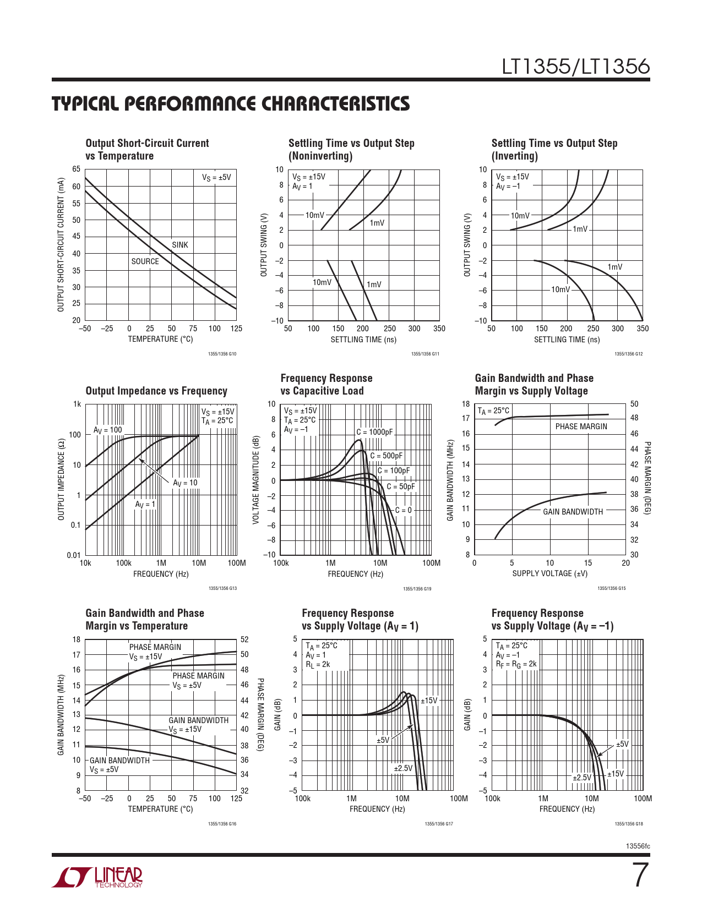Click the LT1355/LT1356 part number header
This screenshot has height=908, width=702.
coord(575,67)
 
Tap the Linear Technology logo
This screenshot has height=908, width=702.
coord(97,877)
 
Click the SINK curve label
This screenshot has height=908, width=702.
coord(180,245)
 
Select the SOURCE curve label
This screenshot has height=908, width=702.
coord(145,261)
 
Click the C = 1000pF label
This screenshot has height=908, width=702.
coord(374,432)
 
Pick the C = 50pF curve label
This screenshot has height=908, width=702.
coord(400,486)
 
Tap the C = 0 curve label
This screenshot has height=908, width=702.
coord(404,510)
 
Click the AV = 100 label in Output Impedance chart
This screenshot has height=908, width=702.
coord(108,430)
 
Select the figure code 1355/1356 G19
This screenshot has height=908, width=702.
coord(417,589)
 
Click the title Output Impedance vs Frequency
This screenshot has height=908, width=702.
coord(156,391)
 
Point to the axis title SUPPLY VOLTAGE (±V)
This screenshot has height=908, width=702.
coord(549,573)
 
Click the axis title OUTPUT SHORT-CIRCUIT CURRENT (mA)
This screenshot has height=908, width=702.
coord(61,244)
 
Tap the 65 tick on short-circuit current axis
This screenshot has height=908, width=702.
coord(77,169)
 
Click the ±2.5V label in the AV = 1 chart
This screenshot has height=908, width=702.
coord(403,768)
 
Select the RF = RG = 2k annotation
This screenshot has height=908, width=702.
coord(516,664)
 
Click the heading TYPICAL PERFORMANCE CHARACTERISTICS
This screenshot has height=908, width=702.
coord(231,104)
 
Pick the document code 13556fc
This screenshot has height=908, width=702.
coord(638,846)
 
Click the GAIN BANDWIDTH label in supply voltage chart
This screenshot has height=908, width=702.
coord(573,512)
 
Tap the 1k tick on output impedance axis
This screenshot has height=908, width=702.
coord(77,404)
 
